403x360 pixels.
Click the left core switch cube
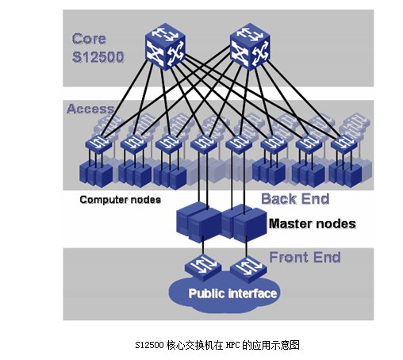[165, 47]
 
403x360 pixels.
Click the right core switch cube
[250, 47]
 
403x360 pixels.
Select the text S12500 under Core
[98, 57]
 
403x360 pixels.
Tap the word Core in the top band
[89, 39]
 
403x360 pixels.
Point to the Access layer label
[90, 109]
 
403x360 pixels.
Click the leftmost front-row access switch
[98, 144]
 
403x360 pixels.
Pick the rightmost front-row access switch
[344, 144]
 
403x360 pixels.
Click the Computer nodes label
[121, 200]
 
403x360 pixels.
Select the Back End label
[295, 199]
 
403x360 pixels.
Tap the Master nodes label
[313, 224]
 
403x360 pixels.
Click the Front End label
[305, 257]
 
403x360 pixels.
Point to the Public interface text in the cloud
[232, 293]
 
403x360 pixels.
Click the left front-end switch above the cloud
[203, 267]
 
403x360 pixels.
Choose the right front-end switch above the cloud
[248, 269]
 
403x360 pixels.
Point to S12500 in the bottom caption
[149, 345]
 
